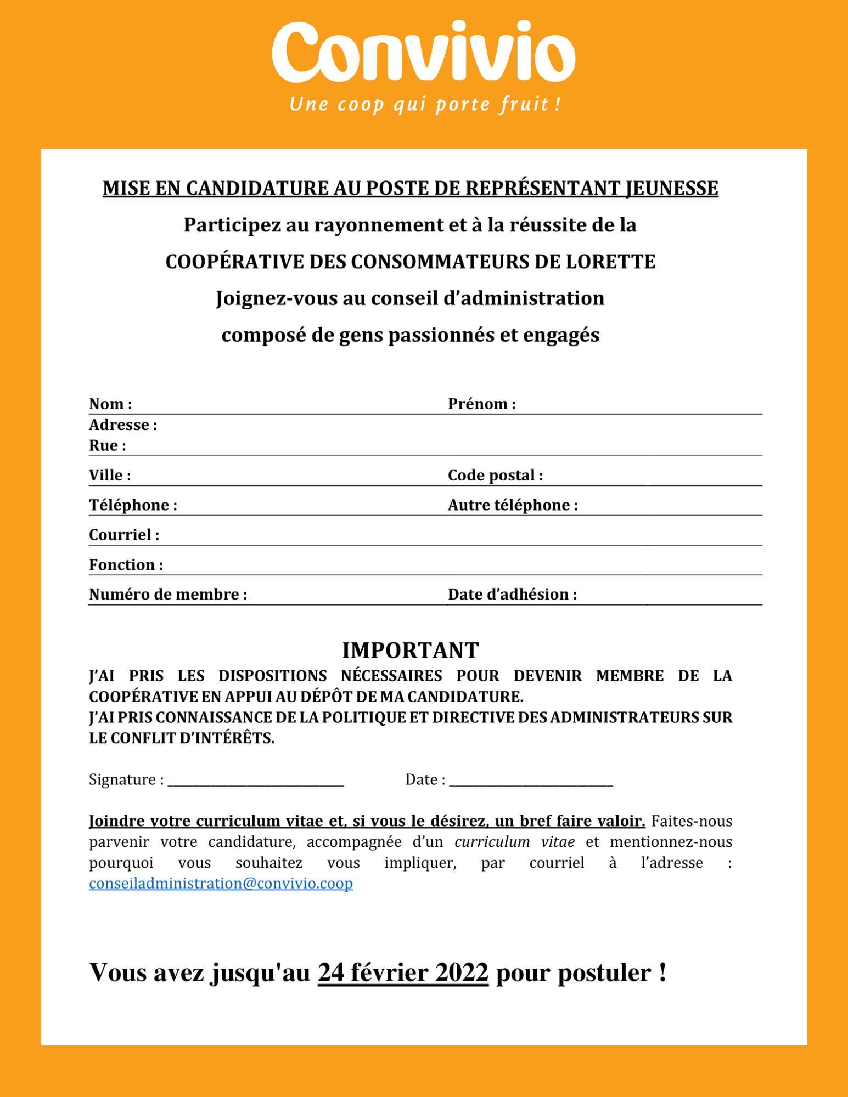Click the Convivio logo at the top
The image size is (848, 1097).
[x=423, y=53]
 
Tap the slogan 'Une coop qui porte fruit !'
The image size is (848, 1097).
[x=425, y=104]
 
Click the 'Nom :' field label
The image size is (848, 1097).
[x=110, y=404]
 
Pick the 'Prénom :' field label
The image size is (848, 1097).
[x=481, y=404]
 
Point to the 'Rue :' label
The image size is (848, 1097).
[x=108, y=445]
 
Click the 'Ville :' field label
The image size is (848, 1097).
[x=110, y=475]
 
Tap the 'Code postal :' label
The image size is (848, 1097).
[x=495, y=475]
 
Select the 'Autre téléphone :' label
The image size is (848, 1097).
[x=513, y=505]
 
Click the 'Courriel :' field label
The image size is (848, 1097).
[x=124, y=535]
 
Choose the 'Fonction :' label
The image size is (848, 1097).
[x=126, y=565]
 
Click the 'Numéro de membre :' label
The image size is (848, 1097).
[x=168, y=595]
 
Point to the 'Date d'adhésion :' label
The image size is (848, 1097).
[x=512, y=595]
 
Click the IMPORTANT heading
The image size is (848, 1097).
[x=411, y=651]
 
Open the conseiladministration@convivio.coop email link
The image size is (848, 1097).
[x=221, y=884]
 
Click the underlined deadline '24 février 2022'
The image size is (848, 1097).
[x=403, y=973]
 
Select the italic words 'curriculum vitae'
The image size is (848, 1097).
[x=515, y=842]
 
